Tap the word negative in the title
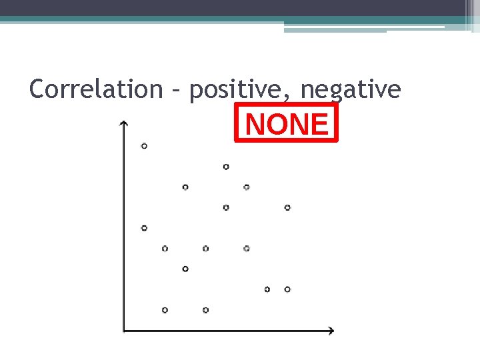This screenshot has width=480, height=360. point(351,89)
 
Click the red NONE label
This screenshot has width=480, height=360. point(287,124)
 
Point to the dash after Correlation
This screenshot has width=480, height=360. point(175,89)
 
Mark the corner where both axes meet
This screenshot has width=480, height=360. point(123,331)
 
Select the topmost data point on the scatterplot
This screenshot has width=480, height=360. point(144,145)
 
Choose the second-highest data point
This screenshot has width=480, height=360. point(226,166)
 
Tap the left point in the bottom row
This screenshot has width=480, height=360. point(165,310)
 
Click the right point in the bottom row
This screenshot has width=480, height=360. point(205,310)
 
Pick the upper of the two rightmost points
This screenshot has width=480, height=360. point(287,207)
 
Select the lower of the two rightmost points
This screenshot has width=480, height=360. point(287,289)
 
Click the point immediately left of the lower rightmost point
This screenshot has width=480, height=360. point(267,289)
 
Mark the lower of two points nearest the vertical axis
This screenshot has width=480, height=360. point(144,228)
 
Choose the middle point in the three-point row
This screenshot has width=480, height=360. point(205,249)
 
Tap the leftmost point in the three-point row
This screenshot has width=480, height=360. point(165,249)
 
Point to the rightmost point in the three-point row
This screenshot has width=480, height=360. point(247,249)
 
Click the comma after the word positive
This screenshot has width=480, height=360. point(291,97)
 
